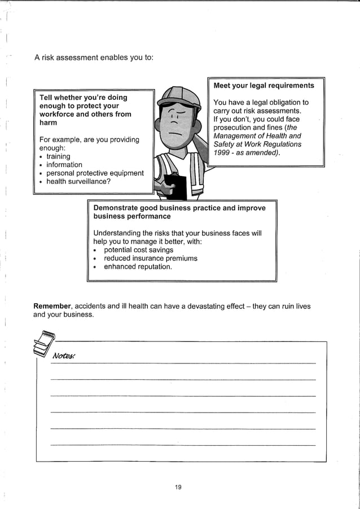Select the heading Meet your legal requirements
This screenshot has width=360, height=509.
coord(264,85)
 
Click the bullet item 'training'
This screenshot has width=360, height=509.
coord(58,156)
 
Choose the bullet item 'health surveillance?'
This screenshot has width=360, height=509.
coord(78,182)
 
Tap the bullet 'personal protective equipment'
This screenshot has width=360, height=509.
coord(95,173)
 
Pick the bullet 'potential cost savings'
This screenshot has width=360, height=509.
coord(138,249)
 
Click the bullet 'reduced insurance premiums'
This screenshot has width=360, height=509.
coord(151,258)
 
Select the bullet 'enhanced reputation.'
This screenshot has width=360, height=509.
coord(138,266)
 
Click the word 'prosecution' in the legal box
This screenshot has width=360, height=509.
coord(232,128)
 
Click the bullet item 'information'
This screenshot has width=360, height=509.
coord(64,165)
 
